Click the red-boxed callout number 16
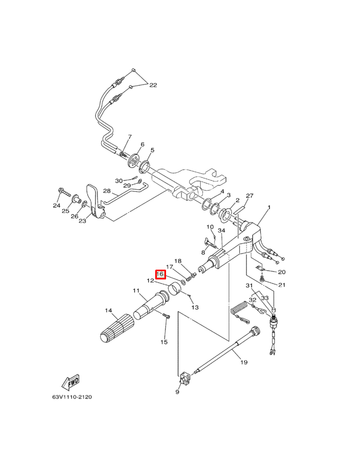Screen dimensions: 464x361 (160, 274)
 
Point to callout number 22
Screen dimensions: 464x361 (153, 85)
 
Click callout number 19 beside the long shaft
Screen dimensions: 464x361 (244, 362)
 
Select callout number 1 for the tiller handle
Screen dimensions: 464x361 (269, 208)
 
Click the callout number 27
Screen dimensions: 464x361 (250, 196)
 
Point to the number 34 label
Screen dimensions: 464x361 (222, 230)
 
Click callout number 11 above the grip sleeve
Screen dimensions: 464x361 (136, 291)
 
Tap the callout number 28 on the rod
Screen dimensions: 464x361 (107, 191)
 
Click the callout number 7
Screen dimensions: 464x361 (129, 137)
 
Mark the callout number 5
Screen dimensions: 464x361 (152, 150)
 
